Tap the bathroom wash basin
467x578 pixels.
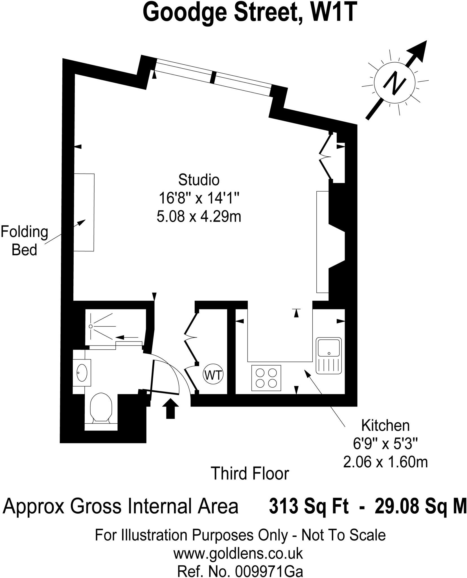[x=82, y=373]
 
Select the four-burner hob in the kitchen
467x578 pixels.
[x=266, y=378]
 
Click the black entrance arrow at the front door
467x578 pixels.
[x=170, y=408]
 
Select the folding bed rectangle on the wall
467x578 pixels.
[x=84, y=212]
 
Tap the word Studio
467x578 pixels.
[x=199, y=180]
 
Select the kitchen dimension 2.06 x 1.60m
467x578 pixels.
[x=385, y=462]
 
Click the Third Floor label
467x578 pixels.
[x=250, y=473]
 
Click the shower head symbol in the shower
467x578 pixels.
[x=91, y=326]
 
